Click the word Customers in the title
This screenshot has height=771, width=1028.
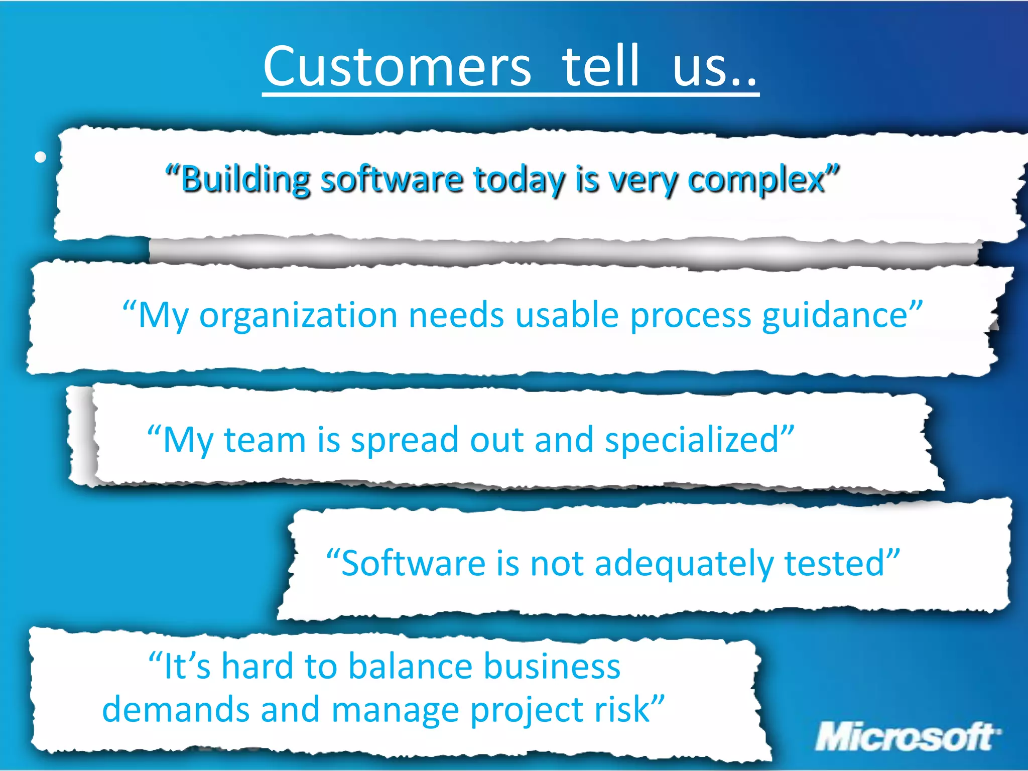[x=397, y=66]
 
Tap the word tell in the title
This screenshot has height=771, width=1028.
[x=600, y=66]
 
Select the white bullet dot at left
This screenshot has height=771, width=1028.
[x=41, y=157]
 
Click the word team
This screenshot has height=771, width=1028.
[x=265, y=440]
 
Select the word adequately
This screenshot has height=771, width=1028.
[x=684, y=563]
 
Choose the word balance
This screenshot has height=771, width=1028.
[x=410, y=667]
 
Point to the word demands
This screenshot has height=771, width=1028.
[x=175, y=709]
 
